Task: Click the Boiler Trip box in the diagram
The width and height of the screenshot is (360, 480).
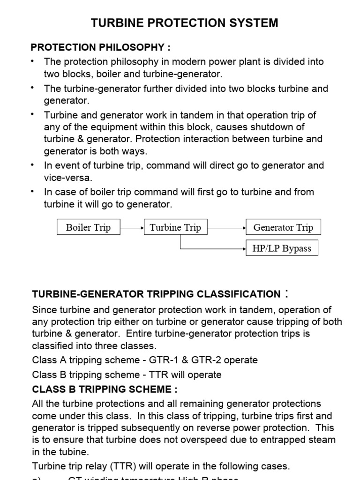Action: tap(88, 228)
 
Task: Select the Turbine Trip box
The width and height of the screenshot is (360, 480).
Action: tap(175, 228)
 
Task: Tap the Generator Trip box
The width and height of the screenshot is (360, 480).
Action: tap(283, 228)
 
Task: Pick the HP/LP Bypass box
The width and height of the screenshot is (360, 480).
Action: tap(282, 248)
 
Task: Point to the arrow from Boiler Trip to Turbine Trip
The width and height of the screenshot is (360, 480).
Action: tap(132, 228)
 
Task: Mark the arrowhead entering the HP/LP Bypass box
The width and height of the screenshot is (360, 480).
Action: tap(244, 248)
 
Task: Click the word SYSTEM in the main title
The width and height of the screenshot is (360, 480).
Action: tap(251, 22)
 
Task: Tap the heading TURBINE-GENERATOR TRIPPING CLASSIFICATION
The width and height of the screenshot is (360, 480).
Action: tap(156, 294)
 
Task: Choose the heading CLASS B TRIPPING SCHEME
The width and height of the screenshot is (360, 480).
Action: tap(105, 389)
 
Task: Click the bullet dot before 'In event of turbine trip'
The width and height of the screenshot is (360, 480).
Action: tap(32, 165)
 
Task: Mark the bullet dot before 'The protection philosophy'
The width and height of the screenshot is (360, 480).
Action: tap(32, 61)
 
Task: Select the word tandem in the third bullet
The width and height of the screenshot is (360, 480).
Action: tap(199, 115)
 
